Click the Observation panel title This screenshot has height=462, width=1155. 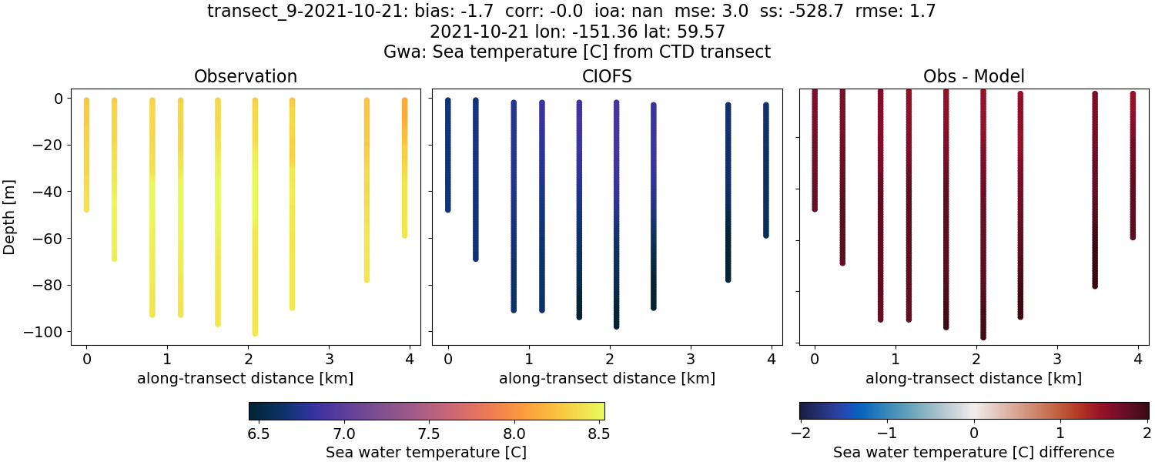pos(246,76)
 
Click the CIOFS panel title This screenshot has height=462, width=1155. pos(607,76)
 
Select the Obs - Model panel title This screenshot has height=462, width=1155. pos(973,76)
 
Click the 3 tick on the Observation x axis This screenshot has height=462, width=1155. pos(329,359)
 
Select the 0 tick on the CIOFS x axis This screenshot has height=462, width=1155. pos(447,359)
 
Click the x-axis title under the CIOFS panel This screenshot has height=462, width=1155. pos(607,378)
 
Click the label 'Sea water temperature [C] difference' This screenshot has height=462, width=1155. pos(973,452)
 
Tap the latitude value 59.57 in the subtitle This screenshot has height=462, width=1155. pos(703,32)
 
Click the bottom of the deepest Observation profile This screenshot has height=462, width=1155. pos(255,333)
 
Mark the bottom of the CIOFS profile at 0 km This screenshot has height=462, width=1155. pos(447,209)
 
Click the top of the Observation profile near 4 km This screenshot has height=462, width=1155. pos(404,100)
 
